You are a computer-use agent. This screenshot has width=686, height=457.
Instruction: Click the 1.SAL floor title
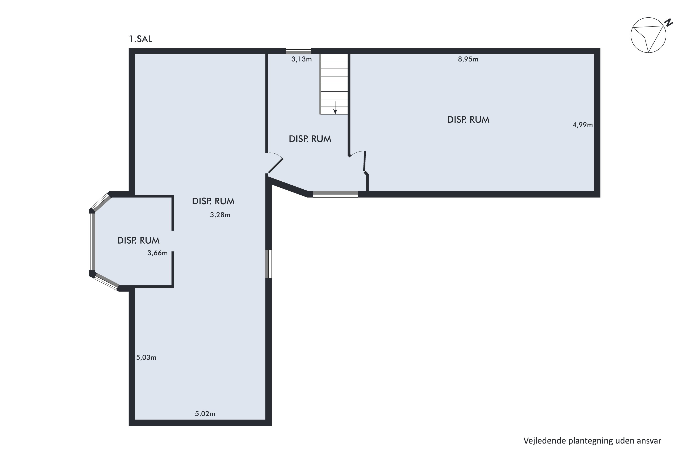(141, 39)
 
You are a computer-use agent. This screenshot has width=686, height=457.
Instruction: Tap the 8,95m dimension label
(468, 59)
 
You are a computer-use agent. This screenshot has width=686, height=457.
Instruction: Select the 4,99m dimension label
(583, 125)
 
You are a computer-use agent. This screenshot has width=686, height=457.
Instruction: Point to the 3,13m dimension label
(302, 59)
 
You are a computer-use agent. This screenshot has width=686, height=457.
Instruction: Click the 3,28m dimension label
(220, 215)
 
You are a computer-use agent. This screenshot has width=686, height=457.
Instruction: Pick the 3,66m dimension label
(158, 253)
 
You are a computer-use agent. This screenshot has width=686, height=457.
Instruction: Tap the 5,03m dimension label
(146, 358)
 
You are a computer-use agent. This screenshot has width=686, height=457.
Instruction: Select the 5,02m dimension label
(205, 414)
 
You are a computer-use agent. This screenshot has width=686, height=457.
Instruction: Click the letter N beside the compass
(668, 22)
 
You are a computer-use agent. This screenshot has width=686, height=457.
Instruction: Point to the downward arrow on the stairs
(335, 108)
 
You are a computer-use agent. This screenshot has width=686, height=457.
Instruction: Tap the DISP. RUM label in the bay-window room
(138, 240)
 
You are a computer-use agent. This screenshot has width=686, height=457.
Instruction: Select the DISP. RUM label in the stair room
(310, 139)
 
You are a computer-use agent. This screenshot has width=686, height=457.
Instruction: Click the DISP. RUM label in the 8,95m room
(468, 120)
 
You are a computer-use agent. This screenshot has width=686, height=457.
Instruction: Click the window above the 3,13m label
(298, 51)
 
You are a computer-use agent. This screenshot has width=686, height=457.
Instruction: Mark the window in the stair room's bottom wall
(335, 194)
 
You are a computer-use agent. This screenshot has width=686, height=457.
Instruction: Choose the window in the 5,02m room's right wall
(268, 264)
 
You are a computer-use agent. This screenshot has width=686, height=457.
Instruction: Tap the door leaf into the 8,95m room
(364, 161)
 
